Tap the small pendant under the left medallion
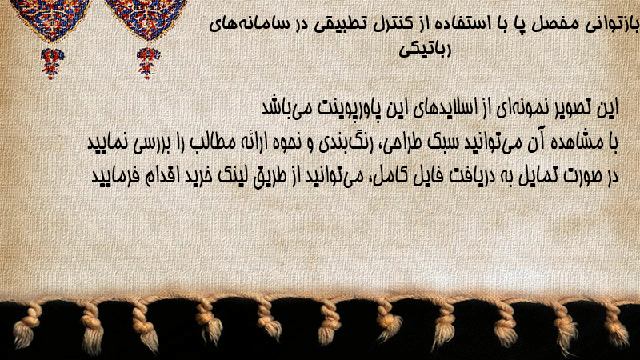click(51, 63)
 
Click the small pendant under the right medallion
click(148, 63)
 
